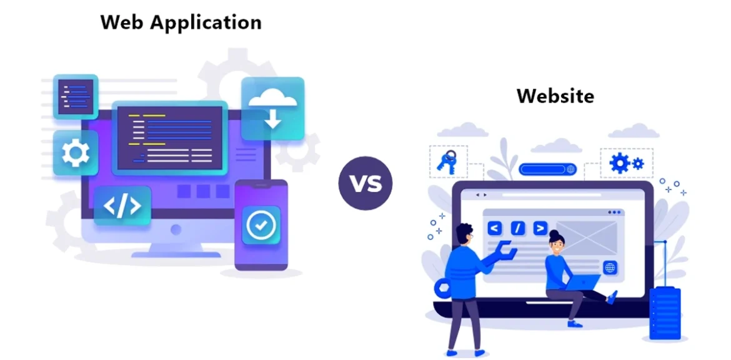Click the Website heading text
coord(555,96)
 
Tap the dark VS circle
coord(365,183)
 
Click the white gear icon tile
coord(75,152)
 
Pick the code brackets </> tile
coord(122,206)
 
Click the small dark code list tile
coord(76,96)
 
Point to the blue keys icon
coord(447,162)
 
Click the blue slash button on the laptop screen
coord(517,228)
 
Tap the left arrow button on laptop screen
coord(494,228)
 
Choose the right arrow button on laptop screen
coord(540,228)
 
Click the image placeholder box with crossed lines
coord(587,236)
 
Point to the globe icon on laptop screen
coord(609,267)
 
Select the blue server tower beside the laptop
coord(665,312)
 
